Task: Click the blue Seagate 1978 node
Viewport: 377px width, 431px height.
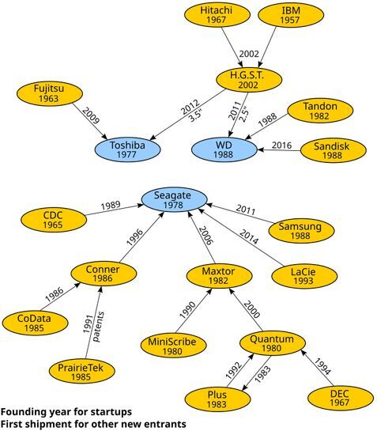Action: [174, 200]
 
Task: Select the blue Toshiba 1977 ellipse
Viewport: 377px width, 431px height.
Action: [127, 149]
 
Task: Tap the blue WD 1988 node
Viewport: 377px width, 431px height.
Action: [224, 149]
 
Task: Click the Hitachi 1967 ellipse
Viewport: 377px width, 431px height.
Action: [217, 15]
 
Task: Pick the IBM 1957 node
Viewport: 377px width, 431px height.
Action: [291, 15]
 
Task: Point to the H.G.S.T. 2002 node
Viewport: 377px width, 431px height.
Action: [249, 80]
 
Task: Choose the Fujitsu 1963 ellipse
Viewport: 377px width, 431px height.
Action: [50, 93]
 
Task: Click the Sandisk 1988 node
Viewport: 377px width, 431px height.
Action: [333, 150]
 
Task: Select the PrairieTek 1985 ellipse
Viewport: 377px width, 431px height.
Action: [82, 372]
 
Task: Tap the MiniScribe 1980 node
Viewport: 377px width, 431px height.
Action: [173, 346]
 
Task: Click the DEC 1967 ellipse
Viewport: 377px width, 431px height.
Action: [340, 398]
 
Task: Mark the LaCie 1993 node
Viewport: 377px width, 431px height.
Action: [304, 276]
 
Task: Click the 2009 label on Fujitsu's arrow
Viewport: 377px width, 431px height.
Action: [91, 115]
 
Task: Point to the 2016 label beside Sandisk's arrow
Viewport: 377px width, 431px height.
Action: [281, 146]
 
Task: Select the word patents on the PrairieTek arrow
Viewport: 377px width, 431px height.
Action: [98, 327]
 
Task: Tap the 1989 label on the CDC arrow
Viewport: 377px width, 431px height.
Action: [111, 206]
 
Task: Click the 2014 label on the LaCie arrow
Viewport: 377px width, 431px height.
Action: [249, 237]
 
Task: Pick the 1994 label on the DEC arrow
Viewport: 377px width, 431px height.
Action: [322, 366]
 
